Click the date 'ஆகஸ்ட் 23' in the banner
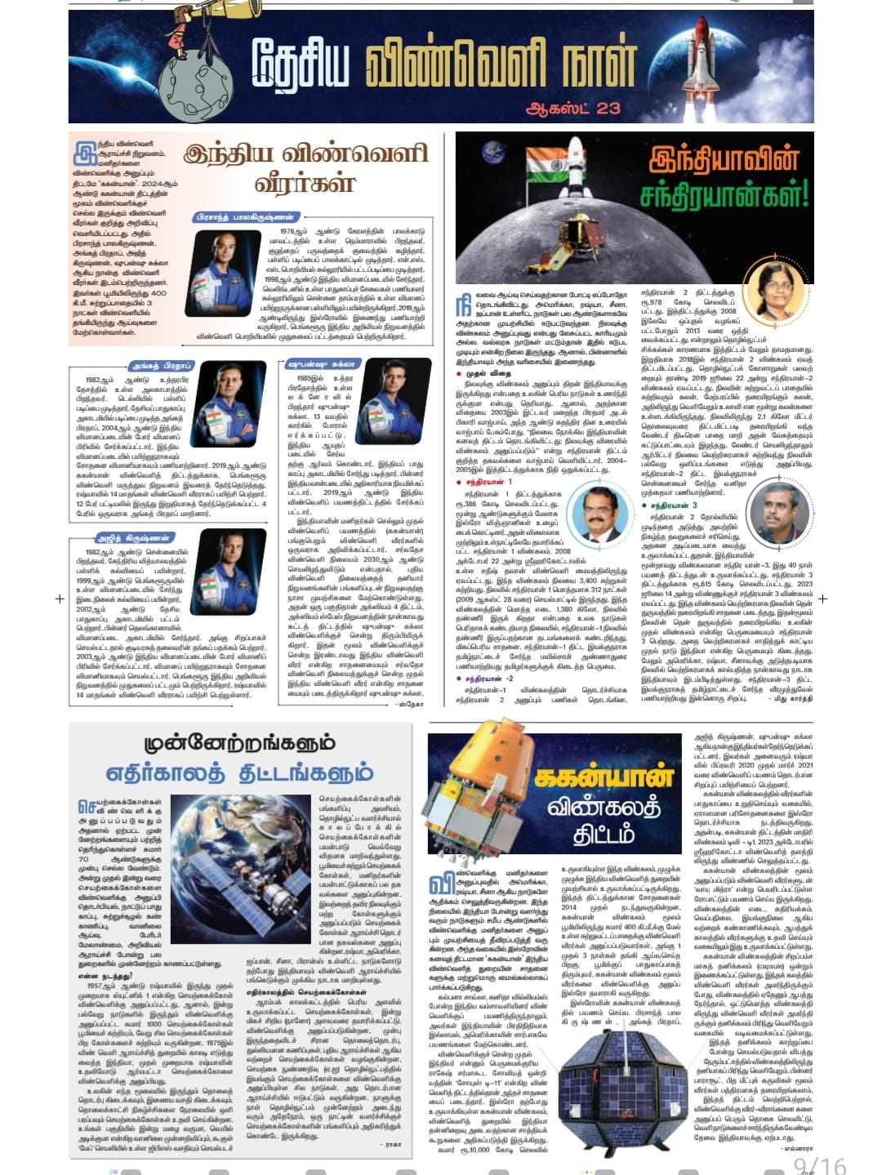(573, 108)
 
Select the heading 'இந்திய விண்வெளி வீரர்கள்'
(305, 167)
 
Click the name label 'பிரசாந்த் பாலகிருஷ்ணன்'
(246, 217)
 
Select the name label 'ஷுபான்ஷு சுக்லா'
(322, 364)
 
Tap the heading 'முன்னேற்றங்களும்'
(239, 742)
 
